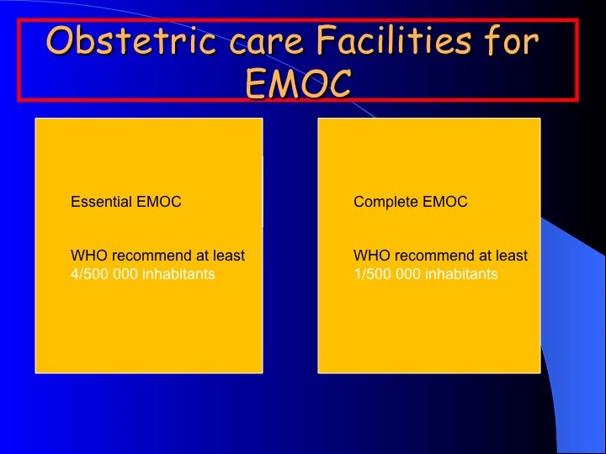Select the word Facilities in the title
[x=394, y=40]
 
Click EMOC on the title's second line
[x=298, y=82]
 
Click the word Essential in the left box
[x=101, y=202]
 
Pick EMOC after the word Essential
[x=159, y=202]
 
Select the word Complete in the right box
[x=385, y=202]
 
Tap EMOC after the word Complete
[x=445, y=202]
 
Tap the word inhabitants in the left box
[x=178, y=274]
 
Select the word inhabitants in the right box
[x=461, y=274]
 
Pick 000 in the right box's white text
[x=408, y=274]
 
